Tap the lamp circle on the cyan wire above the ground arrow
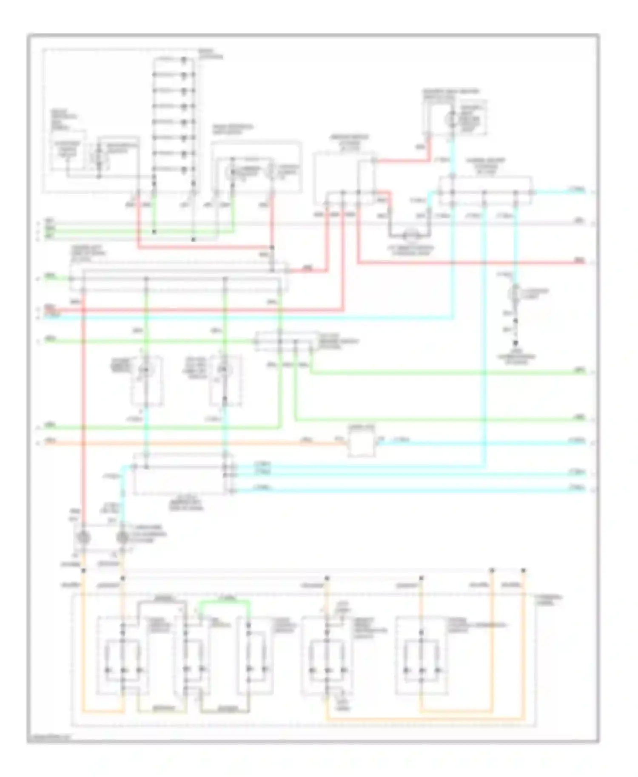516,292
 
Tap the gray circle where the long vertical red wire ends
83,538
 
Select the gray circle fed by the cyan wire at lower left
122,538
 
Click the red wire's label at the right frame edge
579,260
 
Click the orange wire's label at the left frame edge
50,441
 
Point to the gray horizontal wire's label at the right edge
579,220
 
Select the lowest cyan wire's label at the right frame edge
579,488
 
